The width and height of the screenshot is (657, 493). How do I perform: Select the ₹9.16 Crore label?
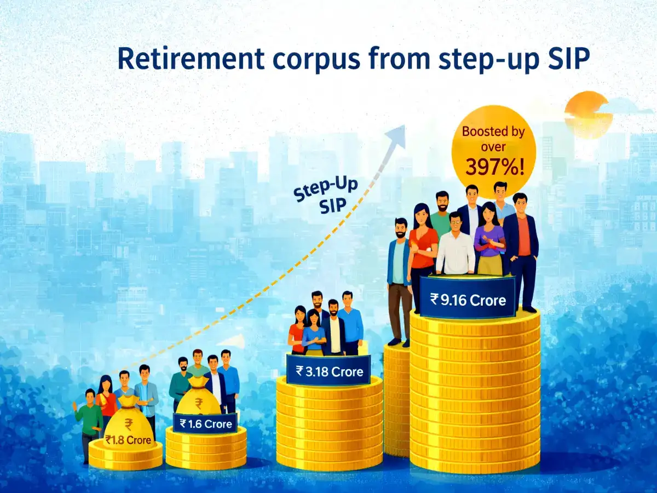point(468,300)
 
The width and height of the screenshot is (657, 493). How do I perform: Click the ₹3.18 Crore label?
point(329,371)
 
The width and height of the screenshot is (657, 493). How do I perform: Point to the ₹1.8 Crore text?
point(128,440)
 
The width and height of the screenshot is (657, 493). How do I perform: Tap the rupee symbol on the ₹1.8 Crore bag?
point(129,423)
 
